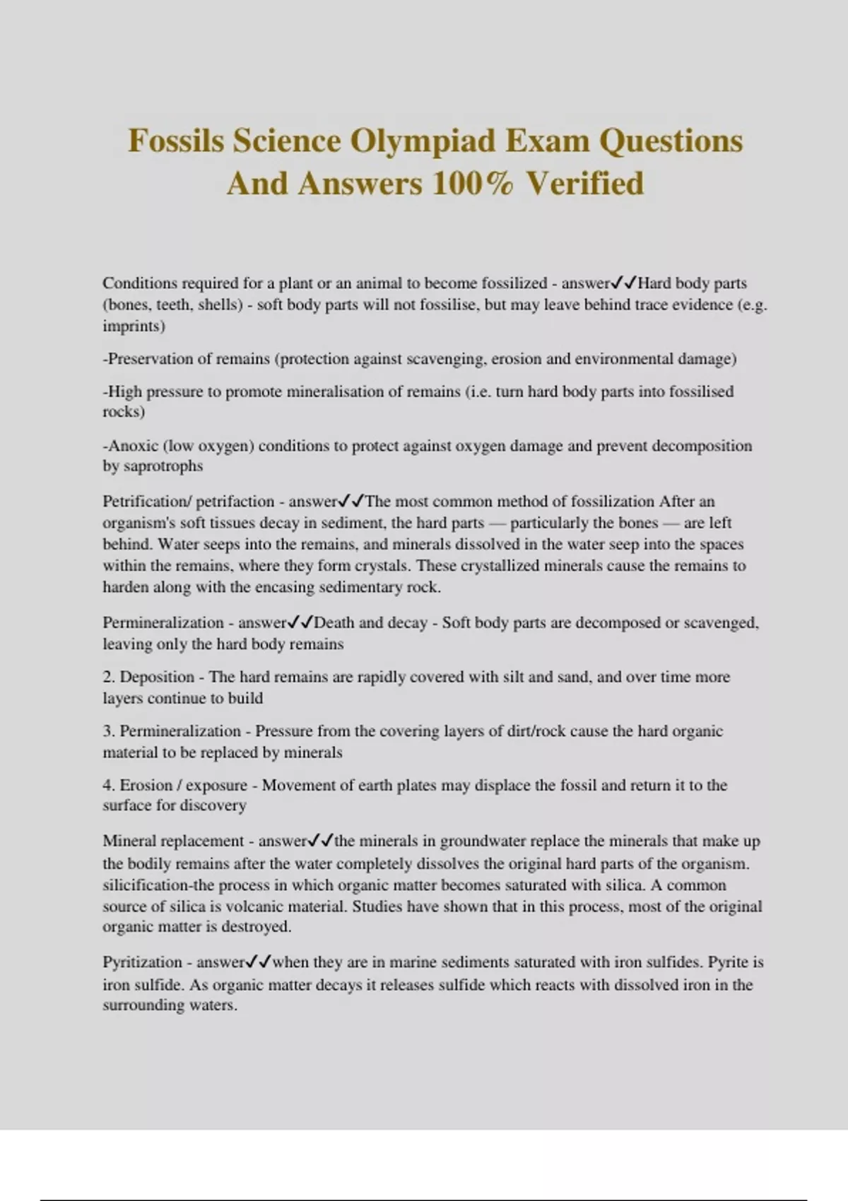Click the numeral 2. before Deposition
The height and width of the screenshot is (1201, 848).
[x=109, y=677]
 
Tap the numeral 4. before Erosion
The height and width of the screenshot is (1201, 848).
[x=109, y=786]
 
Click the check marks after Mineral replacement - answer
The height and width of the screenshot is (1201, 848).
[x=320, y=841]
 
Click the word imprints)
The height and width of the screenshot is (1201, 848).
[x=134, y=326]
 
